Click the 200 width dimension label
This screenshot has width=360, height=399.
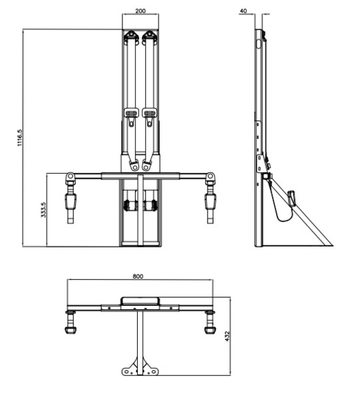coord(140,11)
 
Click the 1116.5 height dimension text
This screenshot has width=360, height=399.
coord(20,138)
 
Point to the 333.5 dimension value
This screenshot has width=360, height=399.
coord(43,209)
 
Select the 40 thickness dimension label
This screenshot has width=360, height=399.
coord(244,11)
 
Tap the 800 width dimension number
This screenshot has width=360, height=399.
coord(138,276)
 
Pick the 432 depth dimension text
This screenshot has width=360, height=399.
coord(228,336)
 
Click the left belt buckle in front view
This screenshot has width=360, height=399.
coord(131,113)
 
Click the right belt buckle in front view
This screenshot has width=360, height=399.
coord(150,113)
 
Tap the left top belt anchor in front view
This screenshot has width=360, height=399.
coord(131,37)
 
